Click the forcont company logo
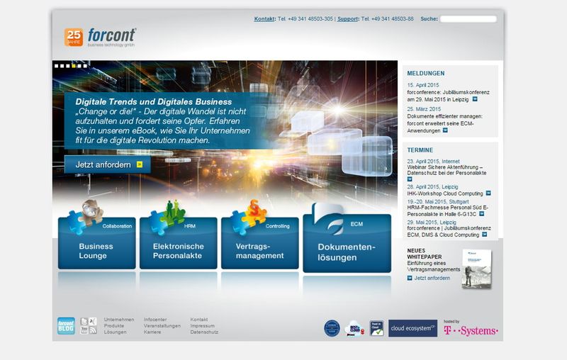(112, 35)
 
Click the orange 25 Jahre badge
(74, 36)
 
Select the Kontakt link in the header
(264, 19)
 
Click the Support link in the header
(347, 19)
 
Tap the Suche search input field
(468, 19)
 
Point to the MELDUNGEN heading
(426, 73)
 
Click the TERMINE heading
(420, 150)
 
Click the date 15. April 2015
(423, 85)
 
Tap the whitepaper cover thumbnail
(477, 268)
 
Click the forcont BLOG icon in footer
(66, 326)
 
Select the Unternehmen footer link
(119, 320)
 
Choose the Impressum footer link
(203, 326)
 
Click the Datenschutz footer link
(204, 332)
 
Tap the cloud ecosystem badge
(412, 328)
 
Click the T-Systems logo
(471, 330)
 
